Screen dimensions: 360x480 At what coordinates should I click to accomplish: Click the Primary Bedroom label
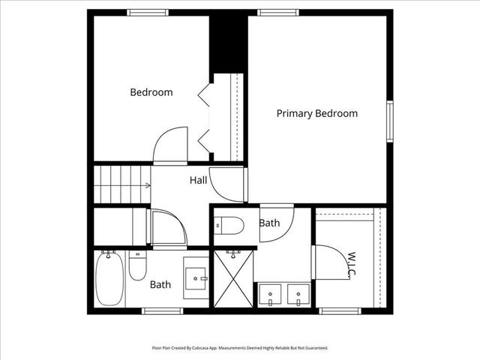tap(316, 114)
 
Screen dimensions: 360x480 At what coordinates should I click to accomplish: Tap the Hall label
tap(198, 181)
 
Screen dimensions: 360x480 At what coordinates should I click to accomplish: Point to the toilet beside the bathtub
tap(138, 265)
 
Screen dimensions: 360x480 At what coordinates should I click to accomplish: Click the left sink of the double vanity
tap(269, 295)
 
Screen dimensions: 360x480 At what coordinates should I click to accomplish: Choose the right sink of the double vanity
tap(298, 295)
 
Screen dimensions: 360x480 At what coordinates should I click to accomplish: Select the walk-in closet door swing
tap(331, 262)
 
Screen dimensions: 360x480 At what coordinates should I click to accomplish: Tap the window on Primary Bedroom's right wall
tap(390, 120)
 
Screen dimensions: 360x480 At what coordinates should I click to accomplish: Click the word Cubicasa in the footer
tap(202, 348)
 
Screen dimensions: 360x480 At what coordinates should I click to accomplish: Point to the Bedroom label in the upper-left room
tap(151, 93)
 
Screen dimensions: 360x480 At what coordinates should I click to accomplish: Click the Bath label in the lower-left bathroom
tap(160, 285)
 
